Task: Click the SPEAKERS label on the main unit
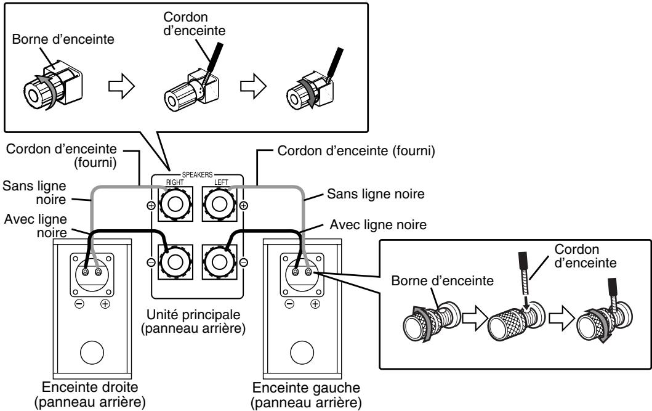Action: (197, 175)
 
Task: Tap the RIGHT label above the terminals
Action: (175, 182)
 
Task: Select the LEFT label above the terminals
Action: (221, 182)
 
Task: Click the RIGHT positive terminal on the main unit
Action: (175, 204)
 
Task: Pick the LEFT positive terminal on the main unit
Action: (219, 204)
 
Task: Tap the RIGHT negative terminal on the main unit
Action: (175, 262)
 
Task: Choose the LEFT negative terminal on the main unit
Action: (219, 262)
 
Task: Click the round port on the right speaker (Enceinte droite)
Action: (92, 352)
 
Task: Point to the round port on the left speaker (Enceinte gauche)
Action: (302, 352)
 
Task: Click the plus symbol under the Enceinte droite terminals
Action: (105, 304)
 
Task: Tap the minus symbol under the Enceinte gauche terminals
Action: (289, 304)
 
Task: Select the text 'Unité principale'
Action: (193, 314)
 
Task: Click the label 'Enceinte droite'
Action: (90, 388)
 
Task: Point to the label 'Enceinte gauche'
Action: (306, 388)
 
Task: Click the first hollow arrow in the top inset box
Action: (121, 86)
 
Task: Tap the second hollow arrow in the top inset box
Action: (253, 86)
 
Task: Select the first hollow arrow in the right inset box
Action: (475, 318)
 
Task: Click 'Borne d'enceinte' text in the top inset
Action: (63, 39)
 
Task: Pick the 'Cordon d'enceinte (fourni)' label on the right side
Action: (356, 150)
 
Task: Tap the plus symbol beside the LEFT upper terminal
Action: (244, 205)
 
